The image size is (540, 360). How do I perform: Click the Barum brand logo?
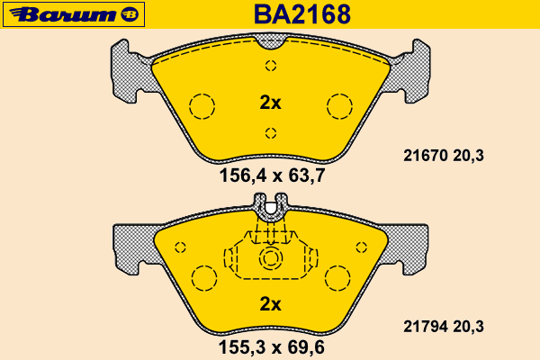(x=74, y=14)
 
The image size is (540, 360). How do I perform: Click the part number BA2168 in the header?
(x=302, y=14)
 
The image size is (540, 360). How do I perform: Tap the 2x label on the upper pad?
(x=270, y=103)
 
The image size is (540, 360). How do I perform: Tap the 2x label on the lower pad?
(x=270, y=304)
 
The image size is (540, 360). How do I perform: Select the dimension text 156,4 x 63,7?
(x=272, y=175)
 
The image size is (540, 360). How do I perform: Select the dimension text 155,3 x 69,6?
(x=272, y=347)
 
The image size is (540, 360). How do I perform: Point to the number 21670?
(x=425, y=156)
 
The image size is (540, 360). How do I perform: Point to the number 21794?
(x=425, y=327)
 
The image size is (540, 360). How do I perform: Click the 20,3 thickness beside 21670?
(x=468, y=156)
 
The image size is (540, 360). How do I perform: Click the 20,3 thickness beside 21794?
(x=468, y=327)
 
